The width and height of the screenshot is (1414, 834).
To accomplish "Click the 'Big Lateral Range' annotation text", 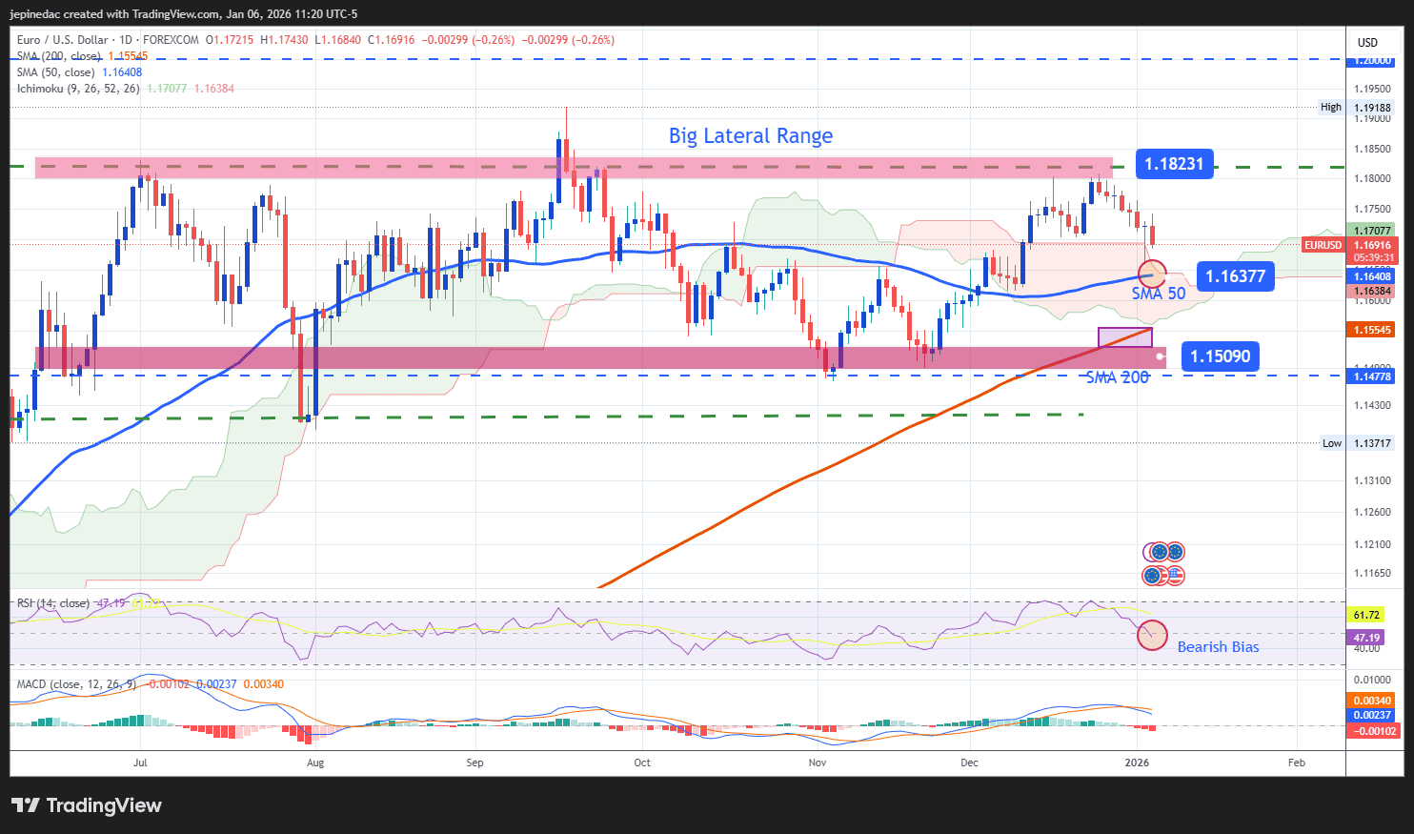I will point(750,136).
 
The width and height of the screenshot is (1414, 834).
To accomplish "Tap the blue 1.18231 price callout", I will point(1174,164).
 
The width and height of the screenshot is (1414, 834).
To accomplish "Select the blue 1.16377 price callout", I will point(1235,276).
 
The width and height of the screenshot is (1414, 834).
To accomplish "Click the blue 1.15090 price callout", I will point(1220,356).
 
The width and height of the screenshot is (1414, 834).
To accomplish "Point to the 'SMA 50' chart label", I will point(1159,294).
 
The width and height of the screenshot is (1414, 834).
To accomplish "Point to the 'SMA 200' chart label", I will point(1118,377).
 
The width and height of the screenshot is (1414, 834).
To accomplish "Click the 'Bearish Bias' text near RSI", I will point(1218,647).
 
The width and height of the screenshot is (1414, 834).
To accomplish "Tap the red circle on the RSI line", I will point(1152,635).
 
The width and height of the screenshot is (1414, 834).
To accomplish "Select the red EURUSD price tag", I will point(1323,245).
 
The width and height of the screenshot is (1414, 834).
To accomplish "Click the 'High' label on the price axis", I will point(1330,108).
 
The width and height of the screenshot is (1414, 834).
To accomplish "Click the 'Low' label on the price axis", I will point(1331,443).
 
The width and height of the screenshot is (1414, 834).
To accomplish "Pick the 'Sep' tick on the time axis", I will point(475,763).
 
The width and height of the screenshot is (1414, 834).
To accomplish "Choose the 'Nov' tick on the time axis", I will point(817,763).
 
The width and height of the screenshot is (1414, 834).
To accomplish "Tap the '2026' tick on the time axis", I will point(1137,763).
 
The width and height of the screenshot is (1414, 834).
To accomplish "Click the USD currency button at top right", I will point(1367,42).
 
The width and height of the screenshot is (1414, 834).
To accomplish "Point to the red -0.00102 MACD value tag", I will point(1372,731).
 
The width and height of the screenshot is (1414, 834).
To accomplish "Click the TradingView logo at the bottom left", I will point(87,805).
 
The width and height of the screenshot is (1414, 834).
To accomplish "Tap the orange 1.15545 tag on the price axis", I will point(1372,330).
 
